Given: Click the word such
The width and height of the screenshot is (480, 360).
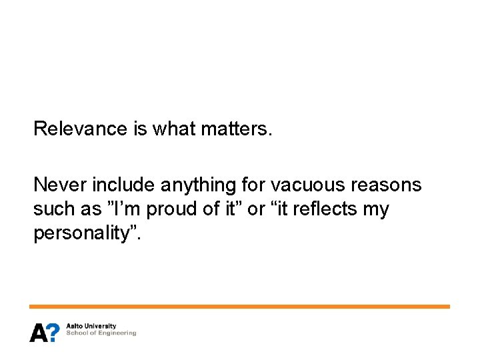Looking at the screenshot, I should [54, 209].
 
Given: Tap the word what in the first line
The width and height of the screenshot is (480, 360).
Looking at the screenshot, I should [174, 128].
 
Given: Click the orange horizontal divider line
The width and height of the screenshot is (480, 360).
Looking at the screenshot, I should [239, 307].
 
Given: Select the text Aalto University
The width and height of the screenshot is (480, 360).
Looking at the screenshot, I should [91, 327].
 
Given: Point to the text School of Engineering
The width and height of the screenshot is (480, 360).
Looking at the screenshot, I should [101, 333].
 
